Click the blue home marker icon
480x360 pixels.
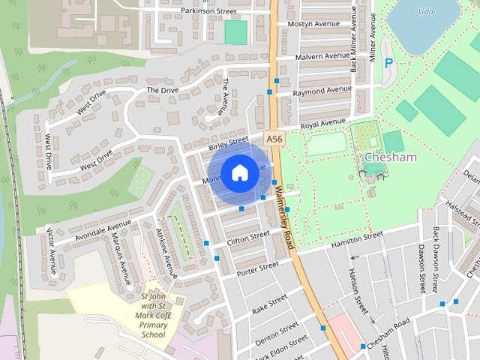coord(239,173)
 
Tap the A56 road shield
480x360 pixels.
coord(274,139)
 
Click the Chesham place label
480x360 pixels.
coord(389,157)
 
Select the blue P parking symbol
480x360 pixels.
coord(388,64)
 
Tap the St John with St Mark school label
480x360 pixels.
coord(154,315)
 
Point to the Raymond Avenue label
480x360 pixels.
coord(322,92)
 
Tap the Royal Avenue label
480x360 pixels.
coord(322,122)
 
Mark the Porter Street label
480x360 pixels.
coord(258,268)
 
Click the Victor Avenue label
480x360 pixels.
coord(52,251)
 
